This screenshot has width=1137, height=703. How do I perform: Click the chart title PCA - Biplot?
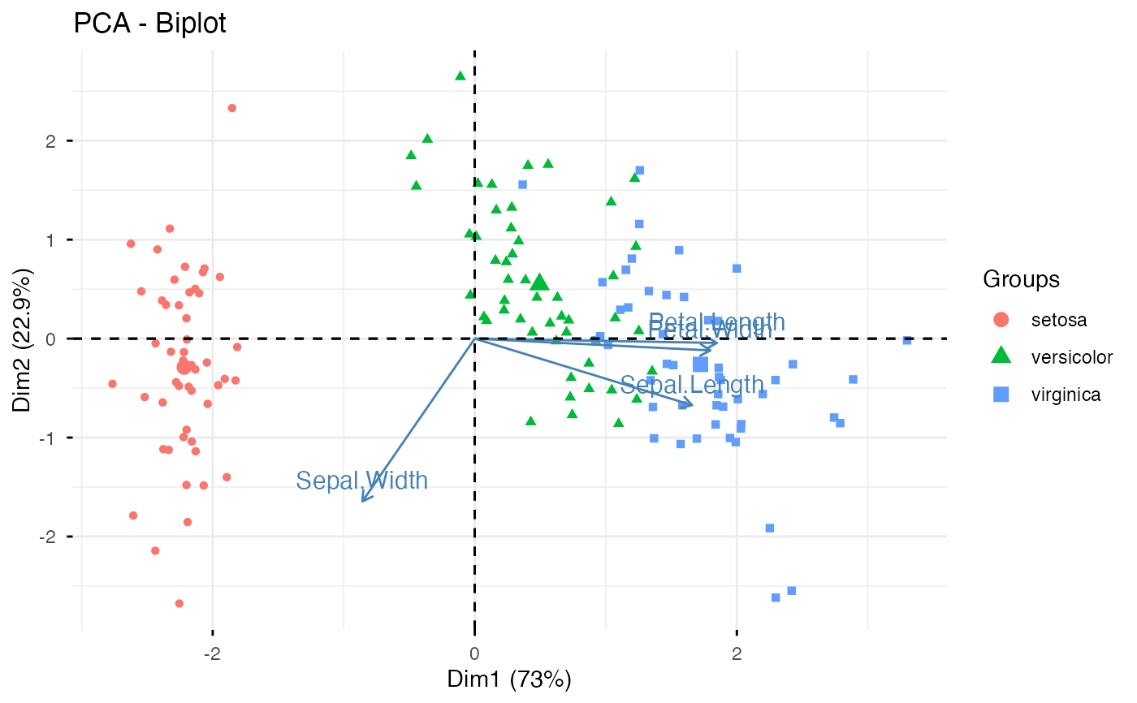pyautogui.click(x=149, y=24)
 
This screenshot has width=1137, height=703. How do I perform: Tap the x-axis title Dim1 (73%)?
pyautogui.click(x=509, y=679)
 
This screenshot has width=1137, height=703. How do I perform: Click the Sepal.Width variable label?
pyautogui.click(x=361, y=481)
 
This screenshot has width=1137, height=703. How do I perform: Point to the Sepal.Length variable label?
pyautogui.click(x=692, y=385)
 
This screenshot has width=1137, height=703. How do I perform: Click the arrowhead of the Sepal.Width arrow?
pyautogui.click(x=362, y=500)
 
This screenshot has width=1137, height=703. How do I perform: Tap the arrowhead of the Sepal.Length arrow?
pyautogui.click(x=691, y=403)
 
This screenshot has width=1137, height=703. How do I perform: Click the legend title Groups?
pyautogui.click(x=1021, y=279)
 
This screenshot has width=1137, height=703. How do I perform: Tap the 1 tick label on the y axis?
pyautogui.click(x=50, y=239)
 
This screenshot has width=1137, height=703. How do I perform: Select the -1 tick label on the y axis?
pyautogui.click(x=47, y=438)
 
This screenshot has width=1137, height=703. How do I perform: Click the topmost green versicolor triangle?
pyautogui.click(x=460, y=75)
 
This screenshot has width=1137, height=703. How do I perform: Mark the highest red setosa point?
pyautogui.click(x=232, y=108)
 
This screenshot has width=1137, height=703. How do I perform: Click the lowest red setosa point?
pyautogui.click(x=179, y=603)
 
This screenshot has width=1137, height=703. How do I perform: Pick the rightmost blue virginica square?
pyautogui.click(x=907, y=340)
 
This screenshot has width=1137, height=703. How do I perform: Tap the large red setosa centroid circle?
pyautogui.click(x=184, y=367)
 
